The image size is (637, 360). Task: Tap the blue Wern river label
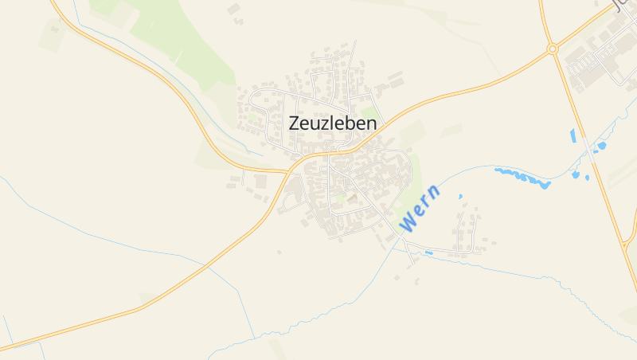(x=419, y=209)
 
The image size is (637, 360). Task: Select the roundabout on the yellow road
(x=552, y=49)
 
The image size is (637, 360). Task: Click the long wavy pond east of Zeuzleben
(x=522, y=177)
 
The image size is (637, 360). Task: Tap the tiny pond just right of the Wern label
(x=460, y=196)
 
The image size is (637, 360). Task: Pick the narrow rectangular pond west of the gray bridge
(x=573, y=135)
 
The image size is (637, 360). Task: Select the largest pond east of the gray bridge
(x=601, y=146)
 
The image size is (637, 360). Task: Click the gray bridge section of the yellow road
(x=588, y=148)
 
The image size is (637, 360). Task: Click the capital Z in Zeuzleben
(x=295, y=124)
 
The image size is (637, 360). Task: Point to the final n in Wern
(x=433, y=192)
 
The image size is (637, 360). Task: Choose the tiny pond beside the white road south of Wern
(x=428, y=253)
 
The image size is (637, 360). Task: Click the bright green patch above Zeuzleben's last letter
(x=368, y=110)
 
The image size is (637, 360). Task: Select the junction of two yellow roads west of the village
(x=287, y=170)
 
